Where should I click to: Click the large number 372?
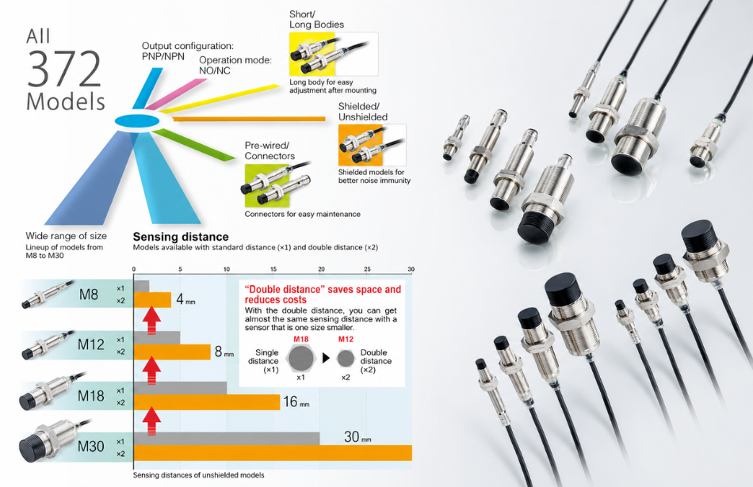point(64,68)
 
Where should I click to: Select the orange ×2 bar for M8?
point(152,300)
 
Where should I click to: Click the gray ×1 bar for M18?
point(180,388)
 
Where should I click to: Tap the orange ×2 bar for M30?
point(273,453)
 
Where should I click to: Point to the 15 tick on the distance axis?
point(273,269)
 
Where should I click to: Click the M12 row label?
point(91,344)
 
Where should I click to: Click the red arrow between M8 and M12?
point(151,321)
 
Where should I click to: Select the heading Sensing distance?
point(181,237)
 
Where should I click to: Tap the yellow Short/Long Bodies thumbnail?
point(333,54)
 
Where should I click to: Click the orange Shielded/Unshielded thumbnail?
point(372,146)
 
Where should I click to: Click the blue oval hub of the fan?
point(137,120)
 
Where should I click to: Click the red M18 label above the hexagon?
point(301,339)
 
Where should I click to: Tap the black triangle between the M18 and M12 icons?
point(326,358)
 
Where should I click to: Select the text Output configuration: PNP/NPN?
point(187,51)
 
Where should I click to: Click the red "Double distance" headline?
point(323,294)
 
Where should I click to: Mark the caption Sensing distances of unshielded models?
point(198,475)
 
